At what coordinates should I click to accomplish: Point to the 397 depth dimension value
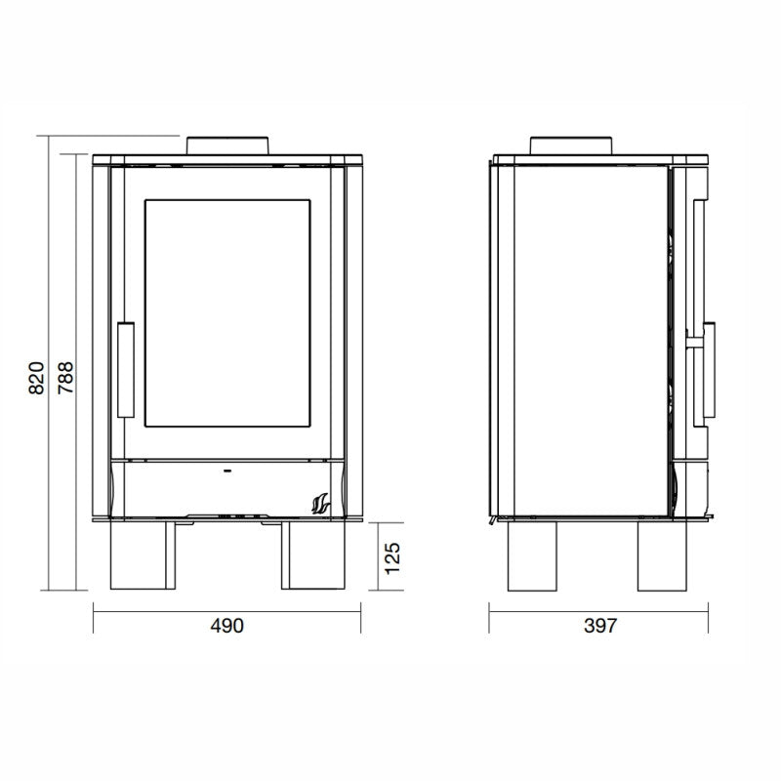pyautogui.click(x=599, y=626)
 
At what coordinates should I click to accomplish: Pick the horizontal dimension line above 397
pyautogui.click(x=599, y=606)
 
